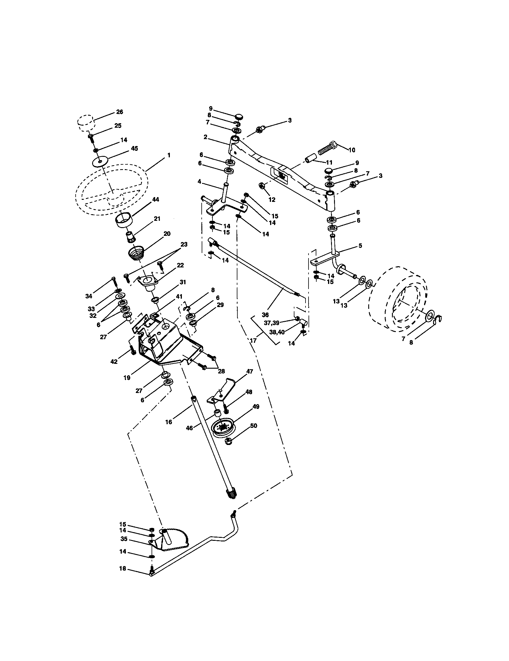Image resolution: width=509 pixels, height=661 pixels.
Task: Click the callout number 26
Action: pyautogui.click(x=119, y=112)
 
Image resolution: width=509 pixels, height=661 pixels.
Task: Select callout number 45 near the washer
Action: pyautogui.click(x=134, y=148)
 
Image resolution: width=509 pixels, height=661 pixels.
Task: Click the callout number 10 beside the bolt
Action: pyautogui.click(x=352, y=150)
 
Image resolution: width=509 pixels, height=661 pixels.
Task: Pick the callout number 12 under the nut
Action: pyautogui.click(x=272, y=200)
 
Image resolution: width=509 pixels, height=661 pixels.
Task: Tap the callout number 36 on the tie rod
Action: pyautogui.click(x=265, y=315)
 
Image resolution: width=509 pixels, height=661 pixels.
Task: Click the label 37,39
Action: pyautogui.click(x=271, y=323)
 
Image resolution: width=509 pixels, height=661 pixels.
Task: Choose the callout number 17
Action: pyautogui.click(x=253, y=340)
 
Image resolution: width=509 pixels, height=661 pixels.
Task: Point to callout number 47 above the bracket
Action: pyautogui.click(x=249, y=371)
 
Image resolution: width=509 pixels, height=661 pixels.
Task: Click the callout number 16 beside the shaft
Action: pyautogui.click(x=168, y=422)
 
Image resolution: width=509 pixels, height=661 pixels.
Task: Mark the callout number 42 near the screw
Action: pyautogui.click(x=114, y=362)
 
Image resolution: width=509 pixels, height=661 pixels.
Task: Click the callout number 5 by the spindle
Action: pyautogui.click(x=360, y=245)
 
